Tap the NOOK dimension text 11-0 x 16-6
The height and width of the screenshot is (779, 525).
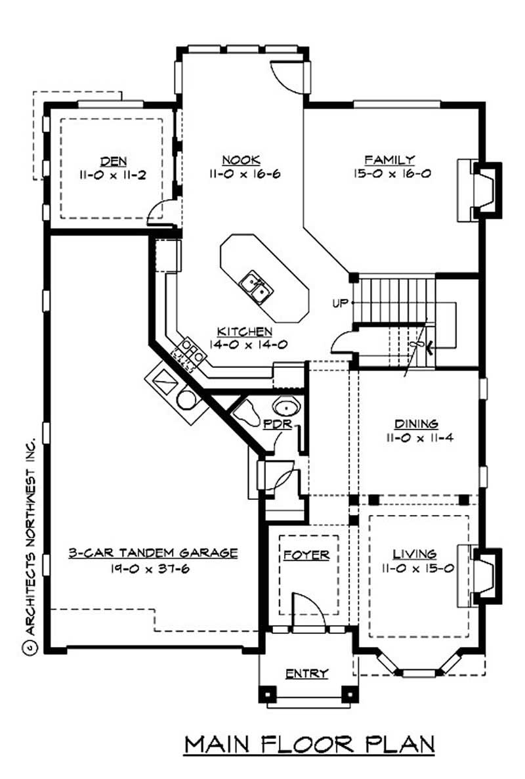click(241, 174)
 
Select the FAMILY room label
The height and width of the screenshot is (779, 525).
click(390, 160)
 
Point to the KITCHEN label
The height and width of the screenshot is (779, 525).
click(246, 332)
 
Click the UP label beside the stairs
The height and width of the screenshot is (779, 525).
click(340, 303)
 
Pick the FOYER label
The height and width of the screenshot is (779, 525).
click(306, 556)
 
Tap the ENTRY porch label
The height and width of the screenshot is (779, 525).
click(306, 674)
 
